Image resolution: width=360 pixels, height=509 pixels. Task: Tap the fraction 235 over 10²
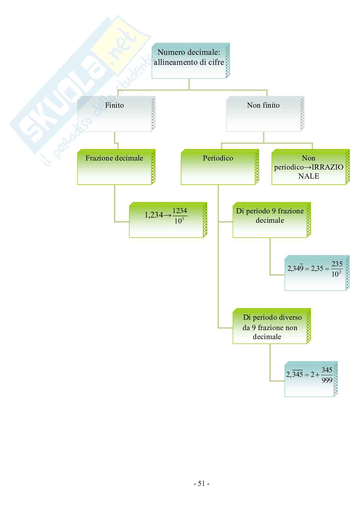point(337,269)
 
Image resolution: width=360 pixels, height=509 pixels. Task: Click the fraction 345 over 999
point(327,375)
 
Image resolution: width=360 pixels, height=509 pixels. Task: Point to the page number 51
point(202,484)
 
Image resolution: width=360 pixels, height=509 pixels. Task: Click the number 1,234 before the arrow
point(154,215)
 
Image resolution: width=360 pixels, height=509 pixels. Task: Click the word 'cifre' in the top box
point(216,62)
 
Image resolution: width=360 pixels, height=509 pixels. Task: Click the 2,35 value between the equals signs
point(317,268)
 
